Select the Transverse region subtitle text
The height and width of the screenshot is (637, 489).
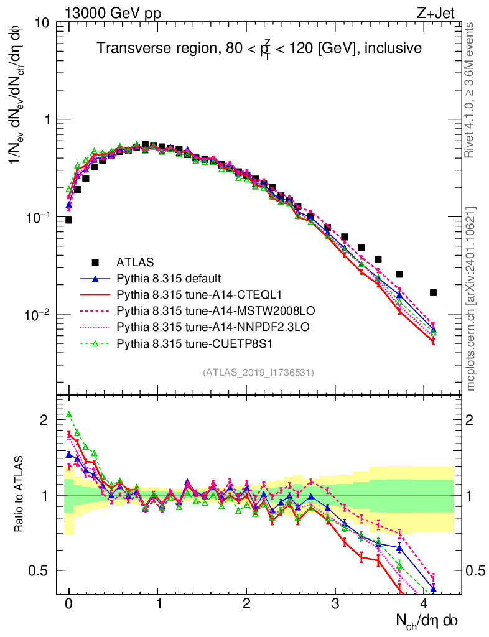(x=259, y=48)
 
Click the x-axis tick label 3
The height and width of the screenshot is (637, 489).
(x=335, y=603)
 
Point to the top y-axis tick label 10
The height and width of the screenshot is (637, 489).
(x=43, y=24)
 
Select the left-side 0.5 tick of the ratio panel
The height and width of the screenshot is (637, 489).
(x=40, y=570)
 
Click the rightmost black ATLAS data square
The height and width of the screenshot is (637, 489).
(x=433, y=292)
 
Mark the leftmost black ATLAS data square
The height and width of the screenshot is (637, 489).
(x=68, y=220)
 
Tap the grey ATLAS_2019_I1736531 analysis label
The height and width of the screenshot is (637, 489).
(x=258, y=373)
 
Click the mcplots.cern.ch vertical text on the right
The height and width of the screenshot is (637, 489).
(x=471, y=299)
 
